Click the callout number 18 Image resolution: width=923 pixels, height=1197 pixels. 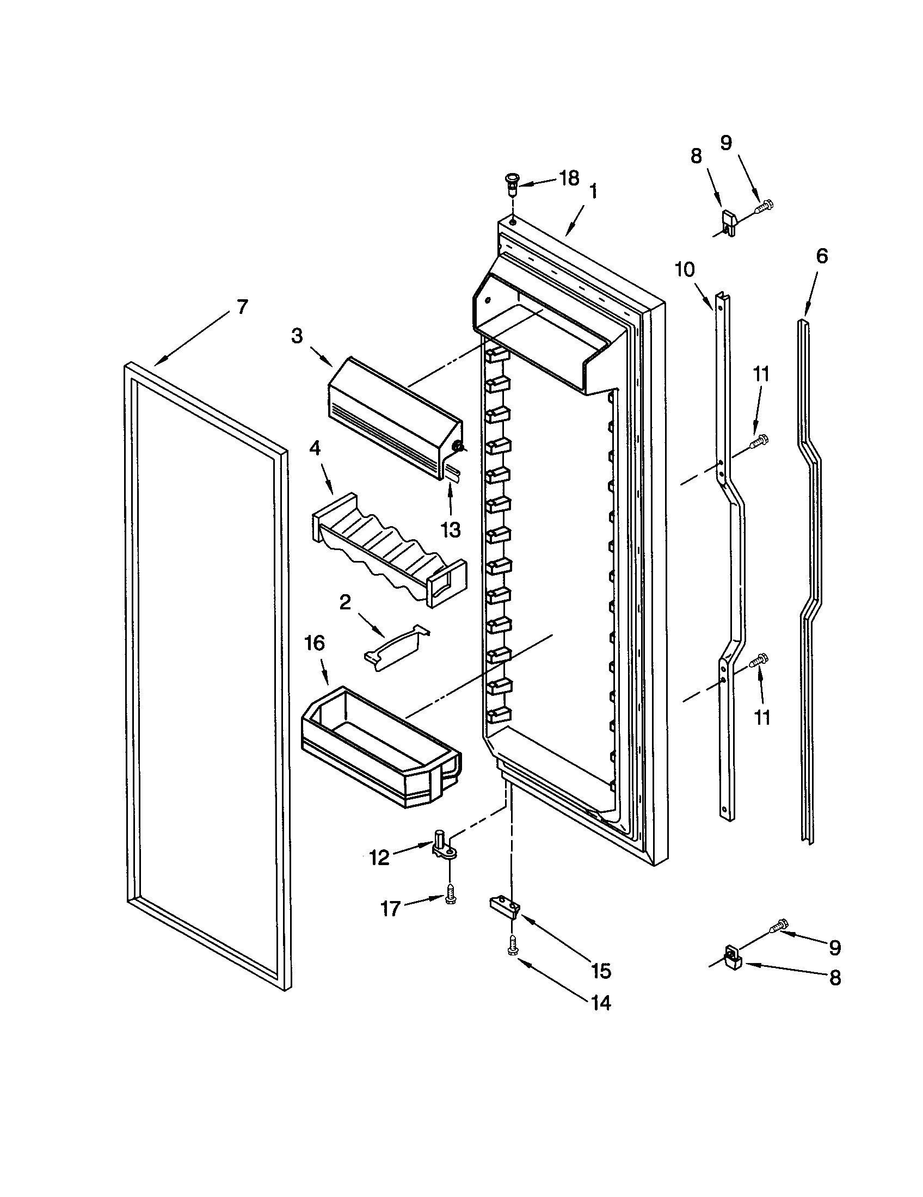point(569,178)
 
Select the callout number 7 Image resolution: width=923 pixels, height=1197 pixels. point(242,306)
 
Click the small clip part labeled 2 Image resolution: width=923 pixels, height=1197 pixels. point(396,649)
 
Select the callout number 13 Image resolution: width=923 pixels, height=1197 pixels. point(451,529)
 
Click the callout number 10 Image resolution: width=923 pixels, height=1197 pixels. point(685,270)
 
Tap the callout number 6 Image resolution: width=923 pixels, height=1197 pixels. point(822,256)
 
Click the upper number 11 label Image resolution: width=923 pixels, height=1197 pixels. point(761,374)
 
